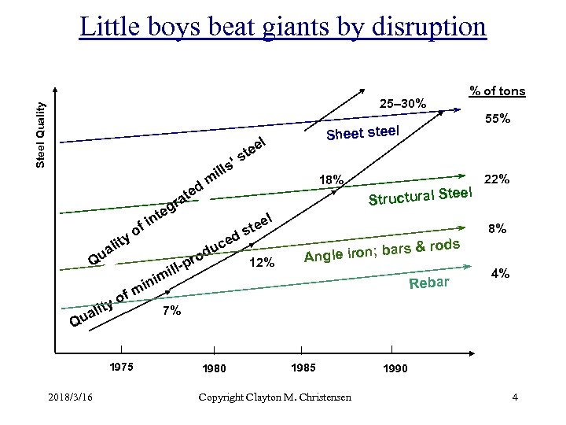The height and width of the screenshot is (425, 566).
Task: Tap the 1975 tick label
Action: coord(121,366)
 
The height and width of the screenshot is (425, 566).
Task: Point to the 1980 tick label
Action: coord(214,368)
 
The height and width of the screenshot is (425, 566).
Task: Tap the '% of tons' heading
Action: coord(497,92)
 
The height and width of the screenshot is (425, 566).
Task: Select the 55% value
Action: coord(498,120)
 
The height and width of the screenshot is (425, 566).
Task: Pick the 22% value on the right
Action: coord(498,179)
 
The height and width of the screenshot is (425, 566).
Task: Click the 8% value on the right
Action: coord(498,230)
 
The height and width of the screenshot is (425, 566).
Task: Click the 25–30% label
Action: coord(402,103)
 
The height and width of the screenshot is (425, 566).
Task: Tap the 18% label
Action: coord(331,181)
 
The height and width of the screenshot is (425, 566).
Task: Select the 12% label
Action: coord(261,263)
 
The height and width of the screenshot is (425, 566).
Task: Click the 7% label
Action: coord(171,312)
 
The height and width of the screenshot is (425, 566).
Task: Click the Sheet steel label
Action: coord(363,133)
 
